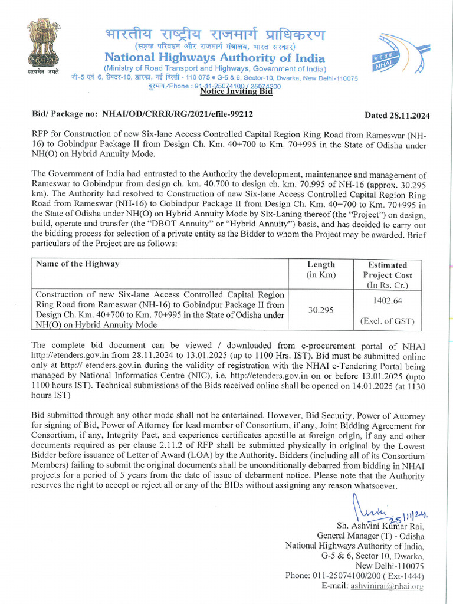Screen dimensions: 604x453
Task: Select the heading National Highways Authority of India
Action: tap(215, 58)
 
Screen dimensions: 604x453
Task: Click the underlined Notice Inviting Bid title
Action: tap(236, 91)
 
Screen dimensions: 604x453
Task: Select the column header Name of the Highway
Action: tap(78, 264)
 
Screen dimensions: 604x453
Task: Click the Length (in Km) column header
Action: tap(321, 270)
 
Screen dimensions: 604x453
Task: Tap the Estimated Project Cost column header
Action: tap(388, 275)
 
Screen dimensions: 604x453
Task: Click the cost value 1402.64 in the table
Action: tap(388, 300)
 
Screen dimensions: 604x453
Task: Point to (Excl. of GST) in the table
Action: tap(388, 321)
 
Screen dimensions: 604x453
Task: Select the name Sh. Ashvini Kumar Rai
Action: tap(379, 526)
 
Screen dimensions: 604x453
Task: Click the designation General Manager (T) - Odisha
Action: tap(370, 536)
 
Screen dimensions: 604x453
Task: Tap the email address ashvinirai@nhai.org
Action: tap(388, 586)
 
